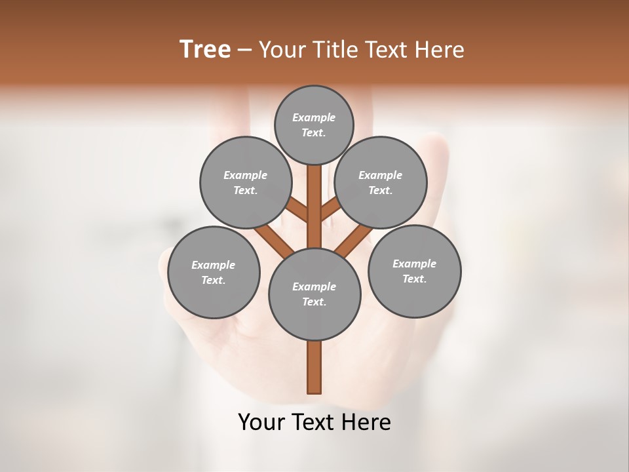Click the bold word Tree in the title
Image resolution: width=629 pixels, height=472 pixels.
point(205,49)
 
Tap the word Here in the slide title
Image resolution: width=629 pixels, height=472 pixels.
point(439,49)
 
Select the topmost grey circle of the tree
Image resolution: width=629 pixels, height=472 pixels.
point(314,125)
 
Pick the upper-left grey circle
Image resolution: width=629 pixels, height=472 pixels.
point(246,182)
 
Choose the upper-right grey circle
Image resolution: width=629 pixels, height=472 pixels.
point(381,182)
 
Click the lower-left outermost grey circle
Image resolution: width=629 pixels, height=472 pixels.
point(214,272)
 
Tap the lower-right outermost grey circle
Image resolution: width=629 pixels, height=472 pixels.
point(415,271)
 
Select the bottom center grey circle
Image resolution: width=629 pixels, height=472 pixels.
point(314,294)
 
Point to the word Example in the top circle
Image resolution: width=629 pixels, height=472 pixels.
point(314,117)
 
